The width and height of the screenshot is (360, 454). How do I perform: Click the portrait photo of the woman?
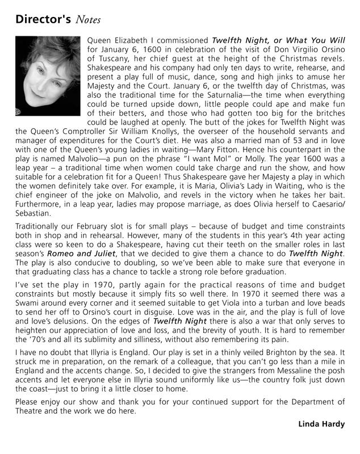click(x=47, y=75)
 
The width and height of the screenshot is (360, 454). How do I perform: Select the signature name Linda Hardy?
click(x=321, y=424)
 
